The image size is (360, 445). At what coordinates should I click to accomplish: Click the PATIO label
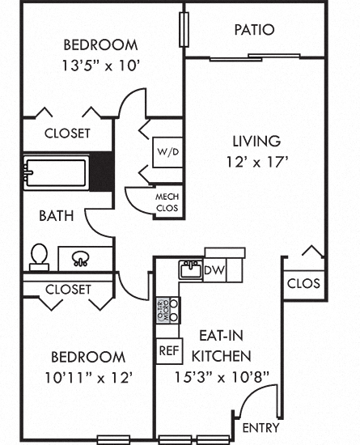point(254,30)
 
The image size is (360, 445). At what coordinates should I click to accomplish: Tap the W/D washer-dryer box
point(168,150)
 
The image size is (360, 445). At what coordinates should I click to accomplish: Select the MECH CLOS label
point(167,202)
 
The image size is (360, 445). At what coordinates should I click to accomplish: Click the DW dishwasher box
point(214,270)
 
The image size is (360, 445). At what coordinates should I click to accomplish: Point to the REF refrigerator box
point(167,351)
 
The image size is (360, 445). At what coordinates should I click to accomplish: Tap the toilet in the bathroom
point(38,256)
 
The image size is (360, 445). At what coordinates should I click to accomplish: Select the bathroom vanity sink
point(81,259)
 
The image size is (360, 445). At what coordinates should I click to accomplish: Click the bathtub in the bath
point(56,172)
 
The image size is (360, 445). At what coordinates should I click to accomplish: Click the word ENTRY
point(261,428)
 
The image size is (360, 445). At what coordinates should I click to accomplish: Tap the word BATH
point(57,216)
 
